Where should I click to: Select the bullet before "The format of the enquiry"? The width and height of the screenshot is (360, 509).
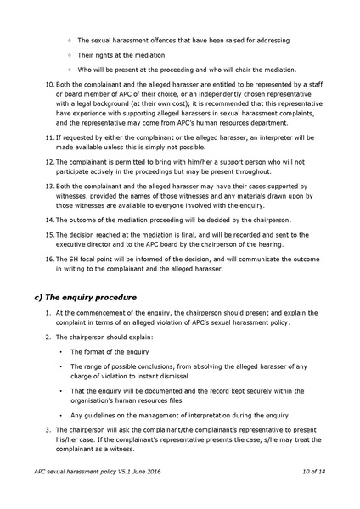click(60, 351)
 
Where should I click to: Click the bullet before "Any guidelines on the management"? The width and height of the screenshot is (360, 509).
click(60, 415)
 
